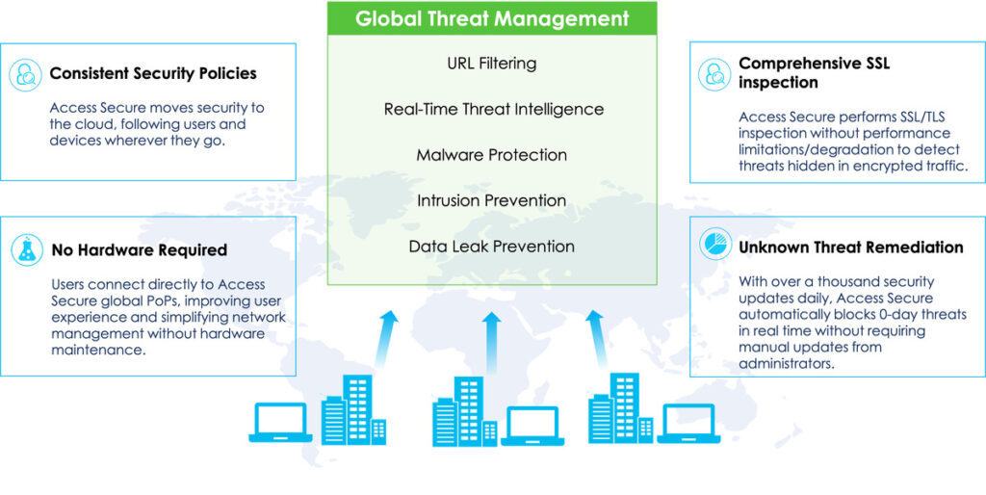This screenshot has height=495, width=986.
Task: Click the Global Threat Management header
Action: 492,18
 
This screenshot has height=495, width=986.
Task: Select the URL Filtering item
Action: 492,64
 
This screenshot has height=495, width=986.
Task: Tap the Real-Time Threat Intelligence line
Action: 494,110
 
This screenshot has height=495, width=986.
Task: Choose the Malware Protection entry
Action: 492,155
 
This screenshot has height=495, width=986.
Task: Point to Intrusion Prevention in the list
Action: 492,200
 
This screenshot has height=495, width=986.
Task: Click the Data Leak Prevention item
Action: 492,246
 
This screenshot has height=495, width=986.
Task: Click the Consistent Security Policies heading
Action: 153,73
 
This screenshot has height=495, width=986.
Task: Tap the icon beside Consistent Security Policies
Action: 26,75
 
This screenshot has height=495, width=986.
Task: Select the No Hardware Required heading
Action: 139,250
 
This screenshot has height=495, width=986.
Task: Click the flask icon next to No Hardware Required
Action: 27,250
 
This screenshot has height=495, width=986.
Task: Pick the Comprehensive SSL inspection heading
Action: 815,73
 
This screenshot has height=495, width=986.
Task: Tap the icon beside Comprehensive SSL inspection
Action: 714,75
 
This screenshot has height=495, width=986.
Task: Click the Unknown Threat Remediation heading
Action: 851,247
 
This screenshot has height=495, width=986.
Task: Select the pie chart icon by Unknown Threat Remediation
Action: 715,244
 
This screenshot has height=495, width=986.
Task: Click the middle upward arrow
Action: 492,340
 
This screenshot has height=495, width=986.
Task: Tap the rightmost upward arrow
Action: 597,339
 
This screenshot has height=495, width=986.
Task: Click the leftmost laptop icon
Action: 280,423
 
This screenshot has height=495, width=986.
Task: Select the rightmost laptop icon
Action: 689,424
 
